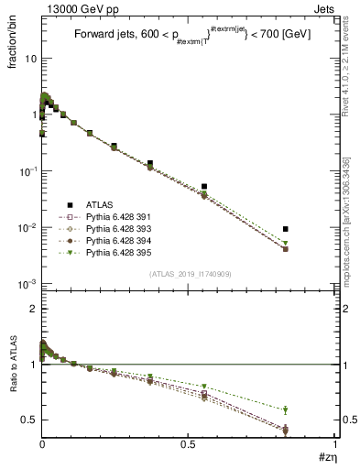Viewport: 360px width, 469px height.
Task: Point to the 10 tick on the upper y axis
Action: pos(29,59)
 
